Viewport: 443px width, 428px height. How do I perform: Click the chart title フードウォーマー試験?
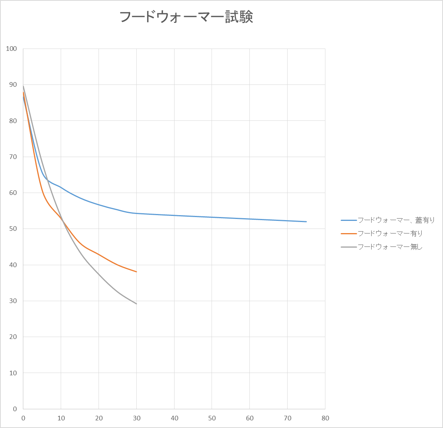tap(186, 17)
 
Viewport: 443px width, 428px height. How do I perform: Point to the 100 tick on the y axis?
tap(12, 49)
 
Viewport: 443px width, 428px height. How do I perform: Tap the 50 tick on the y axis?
tap(13, 229)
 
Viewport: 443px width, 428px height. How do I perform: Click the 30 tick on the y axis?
tap(13, 301)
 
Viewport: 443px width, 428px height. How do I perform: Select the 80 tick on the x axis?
tap(325, 418)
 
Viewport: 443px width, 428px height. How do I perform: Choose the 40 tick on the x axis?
tap(174, 418)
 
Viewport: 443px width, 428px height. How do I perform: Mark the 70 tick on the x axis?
tap(287, 418)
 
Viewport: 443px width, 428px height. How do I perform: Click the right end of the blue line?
tap(306, 222)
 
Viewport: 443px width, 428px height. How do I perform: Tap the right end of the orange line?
tap(136, 272)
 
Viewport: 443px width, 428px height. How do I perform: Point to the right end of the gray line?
tap(136, 304)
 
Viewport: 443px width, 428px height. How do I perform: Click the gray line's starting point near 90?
tap(23, 86)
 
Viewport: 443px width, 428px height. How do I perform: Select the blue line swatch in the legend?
tap(348, 220)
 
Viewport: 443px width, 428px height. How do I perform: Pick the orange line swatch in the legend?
tap(348, 233)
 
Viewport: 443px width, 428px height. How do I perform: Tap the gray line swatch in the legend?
tap(348, 247)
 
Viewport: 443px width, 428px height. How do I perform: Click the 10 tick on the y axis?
tap(13, 373)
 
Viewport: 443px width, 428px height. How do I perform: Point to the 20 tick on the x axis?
tap(99, 418)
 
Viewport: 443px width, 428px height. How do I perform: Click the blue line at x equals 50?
tap(212, 217)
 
